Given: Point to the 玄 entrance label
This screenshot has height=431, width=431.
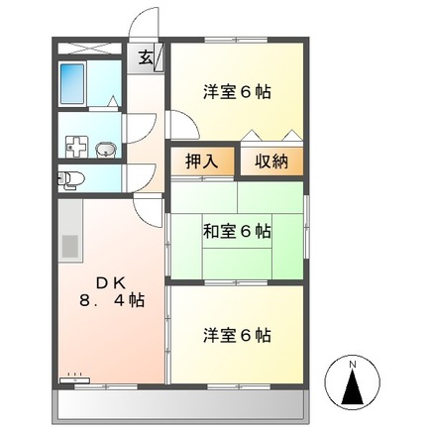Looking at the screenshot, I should pos(145,57).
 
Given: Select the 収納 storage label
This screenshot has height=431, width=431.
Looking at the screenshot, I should pos(269,162).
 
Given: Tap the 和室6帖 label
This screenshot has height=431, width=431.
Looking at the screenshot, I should pos(237,232).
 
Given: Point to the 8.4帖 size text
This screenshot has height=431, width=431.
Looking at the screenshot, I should pos(111,300).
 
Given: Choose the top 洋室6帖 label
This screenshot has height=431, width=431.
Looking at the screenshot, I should pos(237,92).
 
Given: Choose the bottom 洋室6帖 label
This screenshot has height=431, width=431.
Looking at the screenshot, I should pos(237,335).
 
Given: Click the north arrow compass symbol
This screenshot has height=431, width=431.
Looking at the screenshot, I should pos(354,387).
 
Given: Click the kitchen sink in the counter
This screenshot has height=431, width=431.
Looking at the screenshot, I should pos(69,245).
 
